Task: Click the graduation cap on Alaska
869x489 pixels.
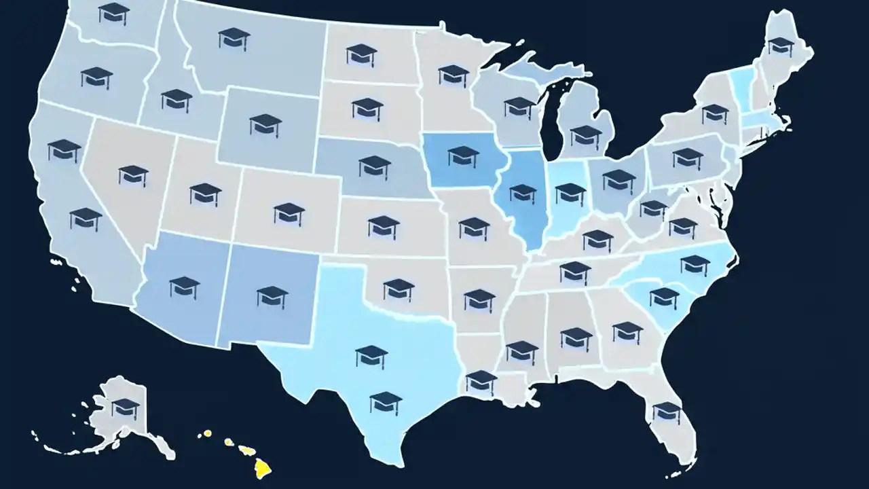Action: pyautogui.click(x=126, y=407)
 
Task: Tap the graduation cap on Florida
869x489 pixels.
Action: pyautogui.click(x=666, y=412)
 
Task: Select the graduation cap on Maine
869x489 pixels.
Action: pyautogui.click(x=781, y=46)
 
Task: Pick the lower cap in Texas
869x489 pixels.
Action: pyautogui.click(x=386, y=402)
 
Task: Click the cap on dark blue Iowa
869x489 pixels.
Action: pyautogui.click(x=464, y=156)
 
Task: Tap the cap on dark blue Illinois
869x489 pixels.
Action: pyautogui.click(x=523, y=192)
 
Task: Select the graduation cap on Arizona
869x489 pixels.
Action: pyautogui.click(x=185, y=287)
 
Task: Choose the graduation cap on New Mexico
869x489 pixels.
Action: pyautogui.click(x=272, y=295)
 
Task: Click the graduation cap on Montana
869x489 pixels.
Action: pyautogui.click(x=234, y=38)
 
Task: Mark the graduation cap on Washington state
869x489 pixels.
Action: pyautogui.click(x=113, y=12)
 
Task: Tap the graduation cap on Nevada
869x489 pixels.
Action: pyautogui.click(x=133, y=175)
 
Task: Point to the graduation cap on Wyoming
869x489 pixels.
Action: pyautogui.click(x=265, y=124)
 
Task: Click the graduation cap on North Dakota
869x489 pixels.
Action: pyautogui.click(x=361, y=54)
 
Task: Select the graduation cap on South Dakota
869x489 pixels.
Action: pyautogui.click(x=367, y=108)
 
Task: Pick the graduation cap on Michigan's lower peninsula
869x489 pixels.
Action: pyautogui.click(x=586, y=135)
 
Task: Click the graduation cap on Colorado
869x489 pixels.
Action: pyautogui.click(x=289, y=213)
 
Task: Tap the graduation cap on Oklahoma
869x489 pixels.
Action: pyautogui.click(x=399, y=289)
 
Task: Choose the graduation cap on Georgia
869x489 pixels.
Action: pyautogui.click(x=627, y=331)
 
